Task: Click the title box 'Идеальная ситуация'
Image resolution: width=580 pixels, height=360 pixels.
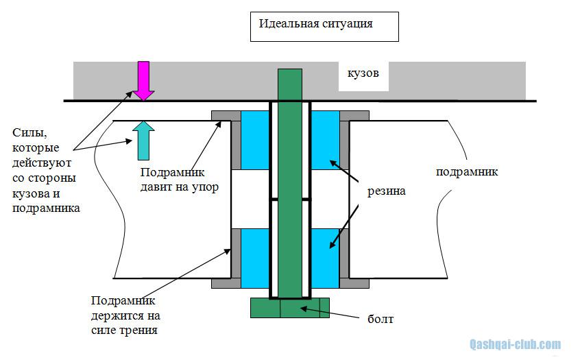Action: [324, 25]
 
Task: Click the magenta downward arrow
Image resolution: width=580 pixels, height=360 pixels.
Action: [143, 80]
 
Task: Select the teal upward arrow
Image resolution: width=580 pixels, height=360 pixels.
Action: [143, 139]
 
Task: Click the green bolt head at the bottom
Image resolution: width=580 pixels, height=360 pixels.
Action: [290, 308]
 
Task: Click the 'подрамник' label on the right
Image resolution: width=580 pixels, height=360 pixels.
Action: [467, 172]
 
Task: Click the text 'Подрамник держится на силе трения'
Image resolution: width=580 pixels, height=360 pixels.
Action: [125, 315]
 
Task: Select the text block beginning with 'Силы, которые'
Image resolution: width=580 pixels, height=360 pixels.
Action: [45, 169]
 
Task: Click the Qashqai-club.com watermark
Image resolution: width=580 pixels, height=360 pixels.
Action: [514, 344]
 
